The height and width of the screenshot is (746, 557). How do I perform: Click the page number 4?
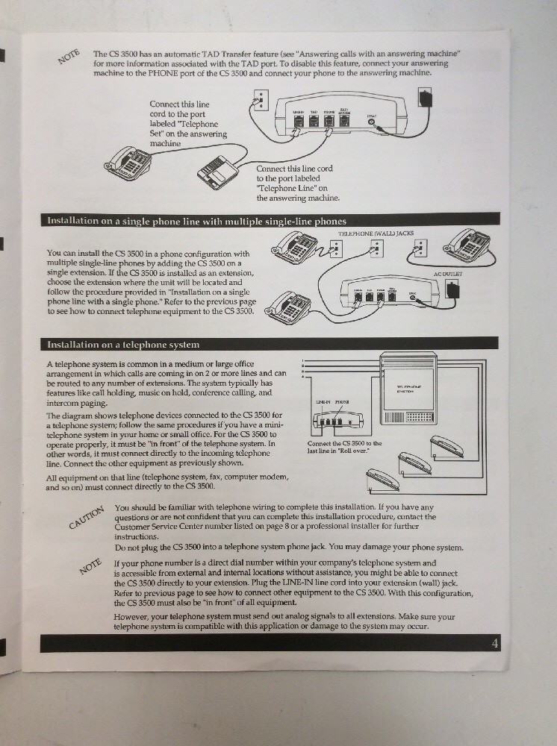[495, 644]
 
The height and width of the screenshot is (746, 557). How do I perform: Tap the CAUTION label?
[86, 515]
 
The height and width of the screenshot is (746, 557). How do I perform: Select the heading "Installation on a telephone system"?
[124, 345]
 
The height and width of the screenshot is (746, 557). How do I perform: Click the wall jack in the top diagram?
[259, 101]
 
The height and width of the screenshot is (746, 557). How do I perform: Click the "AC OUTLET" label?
[447, 275]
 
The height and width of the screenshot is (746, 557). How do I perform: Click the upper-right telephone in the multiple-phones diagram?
[467, 245]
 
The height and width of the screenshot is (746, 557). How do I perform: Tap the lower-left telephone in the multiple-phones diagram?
[289, 305]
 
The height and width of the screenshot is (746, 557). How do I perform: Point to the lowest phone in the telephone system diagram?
[382, 478]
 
